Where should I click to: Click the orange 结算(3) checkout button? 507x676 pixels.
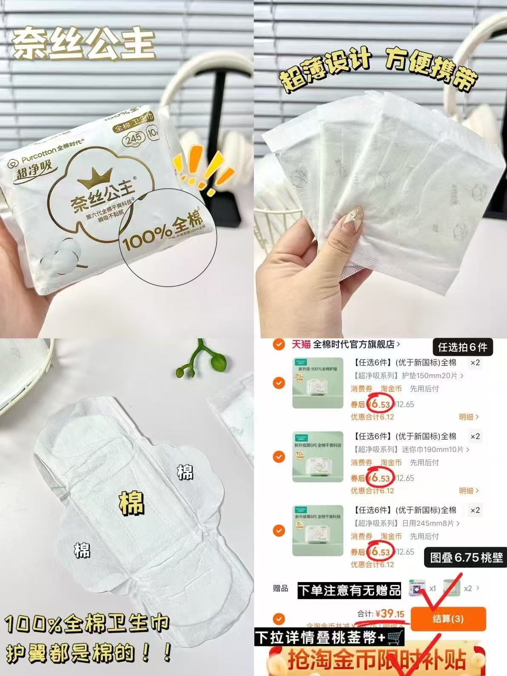pos(448,619)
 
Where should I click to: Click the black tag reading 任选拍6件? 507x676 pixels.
pos(462,347)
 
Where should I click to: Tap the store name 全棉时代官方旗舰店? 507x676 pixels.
pos(354,344)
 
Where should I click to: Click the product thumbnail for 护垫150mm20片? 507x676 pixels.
pos(318,383)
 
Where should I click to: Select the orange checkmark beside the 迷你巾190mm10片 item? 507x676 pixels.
pos(279,457)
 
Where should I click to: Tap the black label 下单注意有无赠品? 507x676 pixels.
pos(349,591)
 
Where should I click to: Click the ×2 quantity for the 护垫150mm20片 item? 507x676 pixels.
pos(475,363)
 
